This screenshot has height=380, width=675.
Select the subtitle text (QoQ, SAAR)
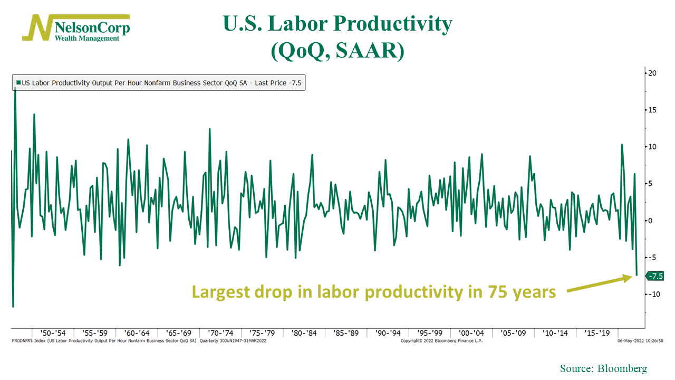point(337,51)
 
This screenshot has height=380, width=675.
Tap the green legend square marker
point(18,83)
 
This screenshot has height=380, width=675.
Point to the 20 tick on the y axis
point(652,73)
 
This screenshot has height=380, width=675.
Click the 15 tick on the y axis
point(652,110)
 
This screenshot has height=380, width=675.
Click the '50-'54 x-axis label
point(53,333)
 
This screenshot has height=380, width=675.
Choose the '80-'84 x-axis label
point(304,333)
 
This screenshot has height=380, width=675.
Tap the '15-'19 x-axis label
point(597,333)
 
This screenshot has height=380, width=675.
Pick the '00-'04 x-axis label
point(471,333)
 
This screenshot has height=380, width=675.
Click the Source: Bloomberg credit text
point(603,368)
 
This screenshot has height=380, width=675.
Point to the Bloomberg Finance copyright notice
point(441,341)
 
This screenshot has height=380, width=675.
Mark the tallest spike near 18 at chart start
point(15,88)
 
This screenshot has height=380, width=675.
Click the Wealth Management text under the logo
point(87,38)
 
